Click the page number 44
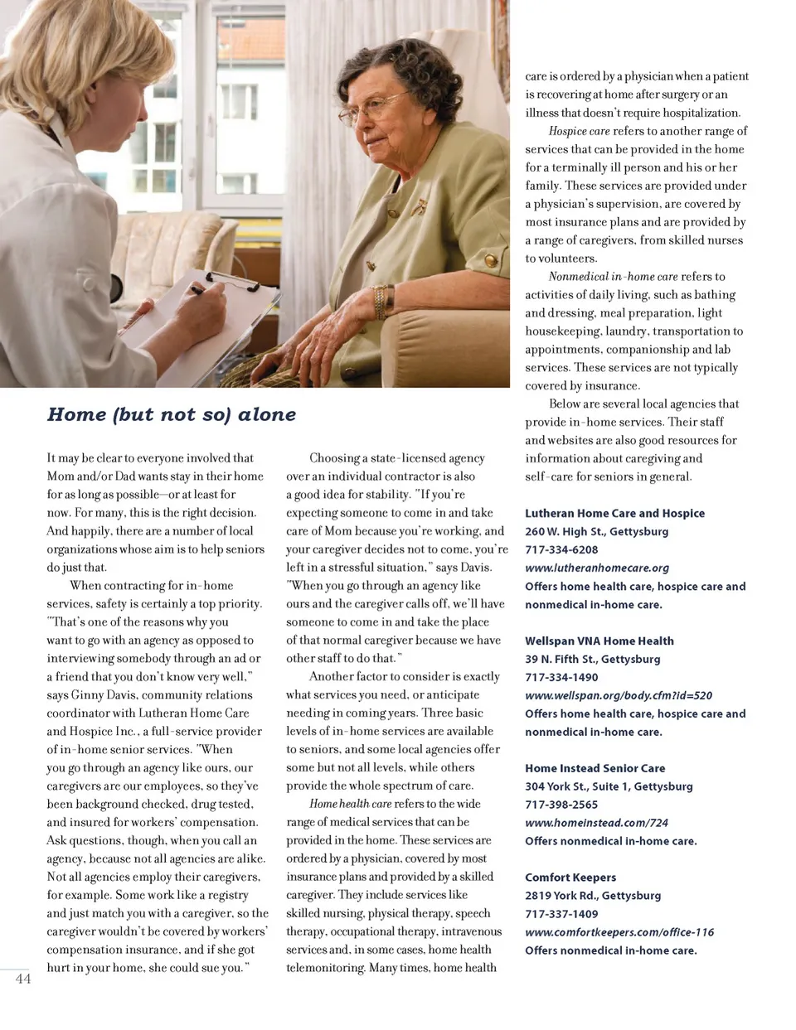(x=23, y=979)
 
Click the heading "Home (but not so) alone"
(x=171, y=414)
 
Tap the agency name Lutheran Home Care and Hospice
(x=614, y=513)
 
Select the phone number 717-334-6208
(x=561, y=549)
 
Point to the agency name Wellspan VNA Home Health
(x=599, y=641)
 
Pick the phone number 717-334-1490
(x=561, y=677)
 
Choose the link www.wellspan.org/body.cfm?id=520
(x=619, y=695)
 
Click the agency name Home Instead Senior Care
(x=595, y=768)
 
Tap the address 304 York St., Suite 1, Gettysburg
(x=609, y=786)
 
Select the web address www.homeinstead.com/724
(x=596, y=823)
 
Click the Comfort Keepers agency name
(x=570, y=878)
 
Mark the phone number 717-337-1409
(x=561, y=914)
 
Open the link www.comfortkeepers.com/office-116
(x=619, y=932)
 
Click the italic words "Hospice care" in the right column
(x=579, y=131)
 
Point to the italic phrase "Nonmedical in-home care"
(x=613, y=277)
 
